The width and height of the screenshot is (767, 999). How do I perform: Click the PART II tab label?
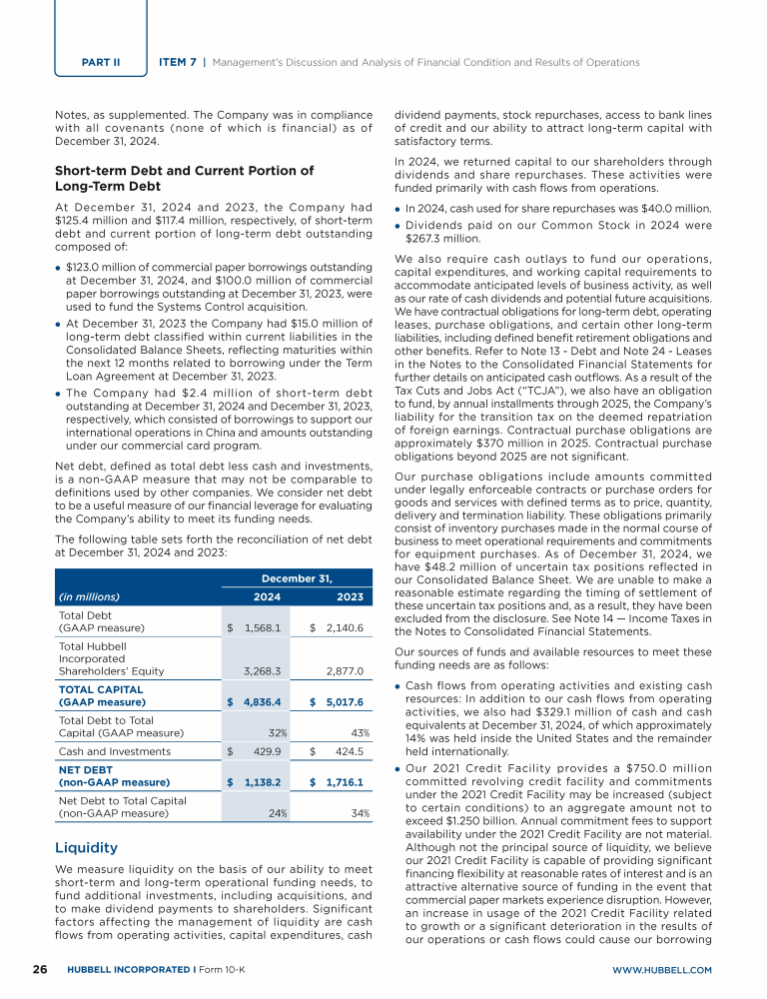101,62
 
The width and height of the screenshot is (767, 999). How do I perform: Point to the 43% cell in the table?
360,732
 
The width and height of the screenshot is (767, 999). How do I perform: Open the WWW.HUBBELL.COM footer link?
663,970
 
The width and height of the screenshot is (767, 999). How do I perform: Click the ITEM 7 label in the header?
179,62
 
